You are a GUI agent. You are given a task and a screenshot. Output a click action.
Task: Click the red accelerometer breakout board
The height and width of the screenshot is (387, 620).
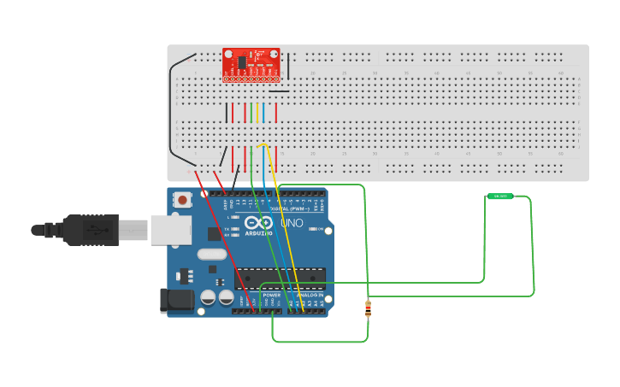pos(251,65)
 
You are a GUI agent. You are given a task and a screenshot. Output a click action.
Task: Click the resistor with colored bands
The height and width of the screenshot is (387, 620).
pos(368,308)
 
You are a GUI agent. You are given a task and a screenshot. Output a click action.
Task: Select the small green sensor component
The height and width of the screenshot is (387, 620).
pos(500,196)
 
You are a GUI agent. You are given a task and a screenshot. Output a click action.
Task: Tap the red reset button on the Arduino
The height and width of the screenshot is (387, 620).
pos(182,200)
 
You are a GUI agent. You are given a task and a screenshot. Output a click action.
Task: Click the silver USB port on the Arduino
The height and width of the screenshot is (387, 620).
pos(170,229)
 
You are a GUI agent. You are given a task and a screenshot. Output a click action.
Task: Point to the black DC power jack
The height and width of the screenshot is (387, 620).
pos(176,300)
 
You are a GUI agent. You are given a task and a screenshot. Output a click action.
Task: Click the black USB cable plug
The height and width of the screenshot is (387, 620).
pos(90,230)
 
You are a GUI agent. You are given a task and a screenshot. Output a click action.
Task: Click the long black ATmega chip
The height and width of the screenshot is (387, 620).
pos(280,279)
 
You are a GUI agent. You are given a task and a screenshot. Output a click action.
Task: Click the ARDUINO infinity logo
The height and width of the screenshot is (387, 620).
pos(258,225)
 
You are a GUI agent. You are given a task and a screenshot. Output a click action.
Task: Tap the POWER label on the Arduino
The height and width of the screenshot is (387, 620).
pos(271,295)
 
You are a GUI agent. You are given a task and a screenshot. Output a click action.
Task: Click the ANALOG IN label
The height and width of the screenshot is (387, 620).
pos(310,295)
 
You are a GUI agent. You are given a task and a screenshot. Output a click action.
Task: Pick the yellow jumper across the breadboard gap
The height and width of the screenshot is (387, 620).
pos(257,113)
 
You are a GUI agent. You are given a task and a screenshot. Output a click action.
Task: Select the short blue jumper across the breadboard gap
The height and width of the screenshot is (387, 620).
pos(263,113)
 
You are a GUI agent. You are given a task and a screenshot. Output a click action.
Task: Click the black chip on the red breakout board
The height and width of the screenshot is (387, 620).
pos(242,62)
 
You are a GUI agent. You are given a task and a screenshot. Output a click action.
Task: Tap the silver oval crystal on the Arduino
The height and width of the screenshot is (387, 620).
pos(211,254)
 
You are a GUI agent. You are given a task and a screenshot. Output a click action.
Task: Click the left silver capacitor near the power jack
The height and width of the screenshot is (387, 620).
pos(208,297)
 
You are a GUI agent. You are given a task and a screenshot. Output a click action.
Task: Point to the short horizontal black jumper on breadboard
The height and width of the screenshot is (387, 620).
pos(280,91)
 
